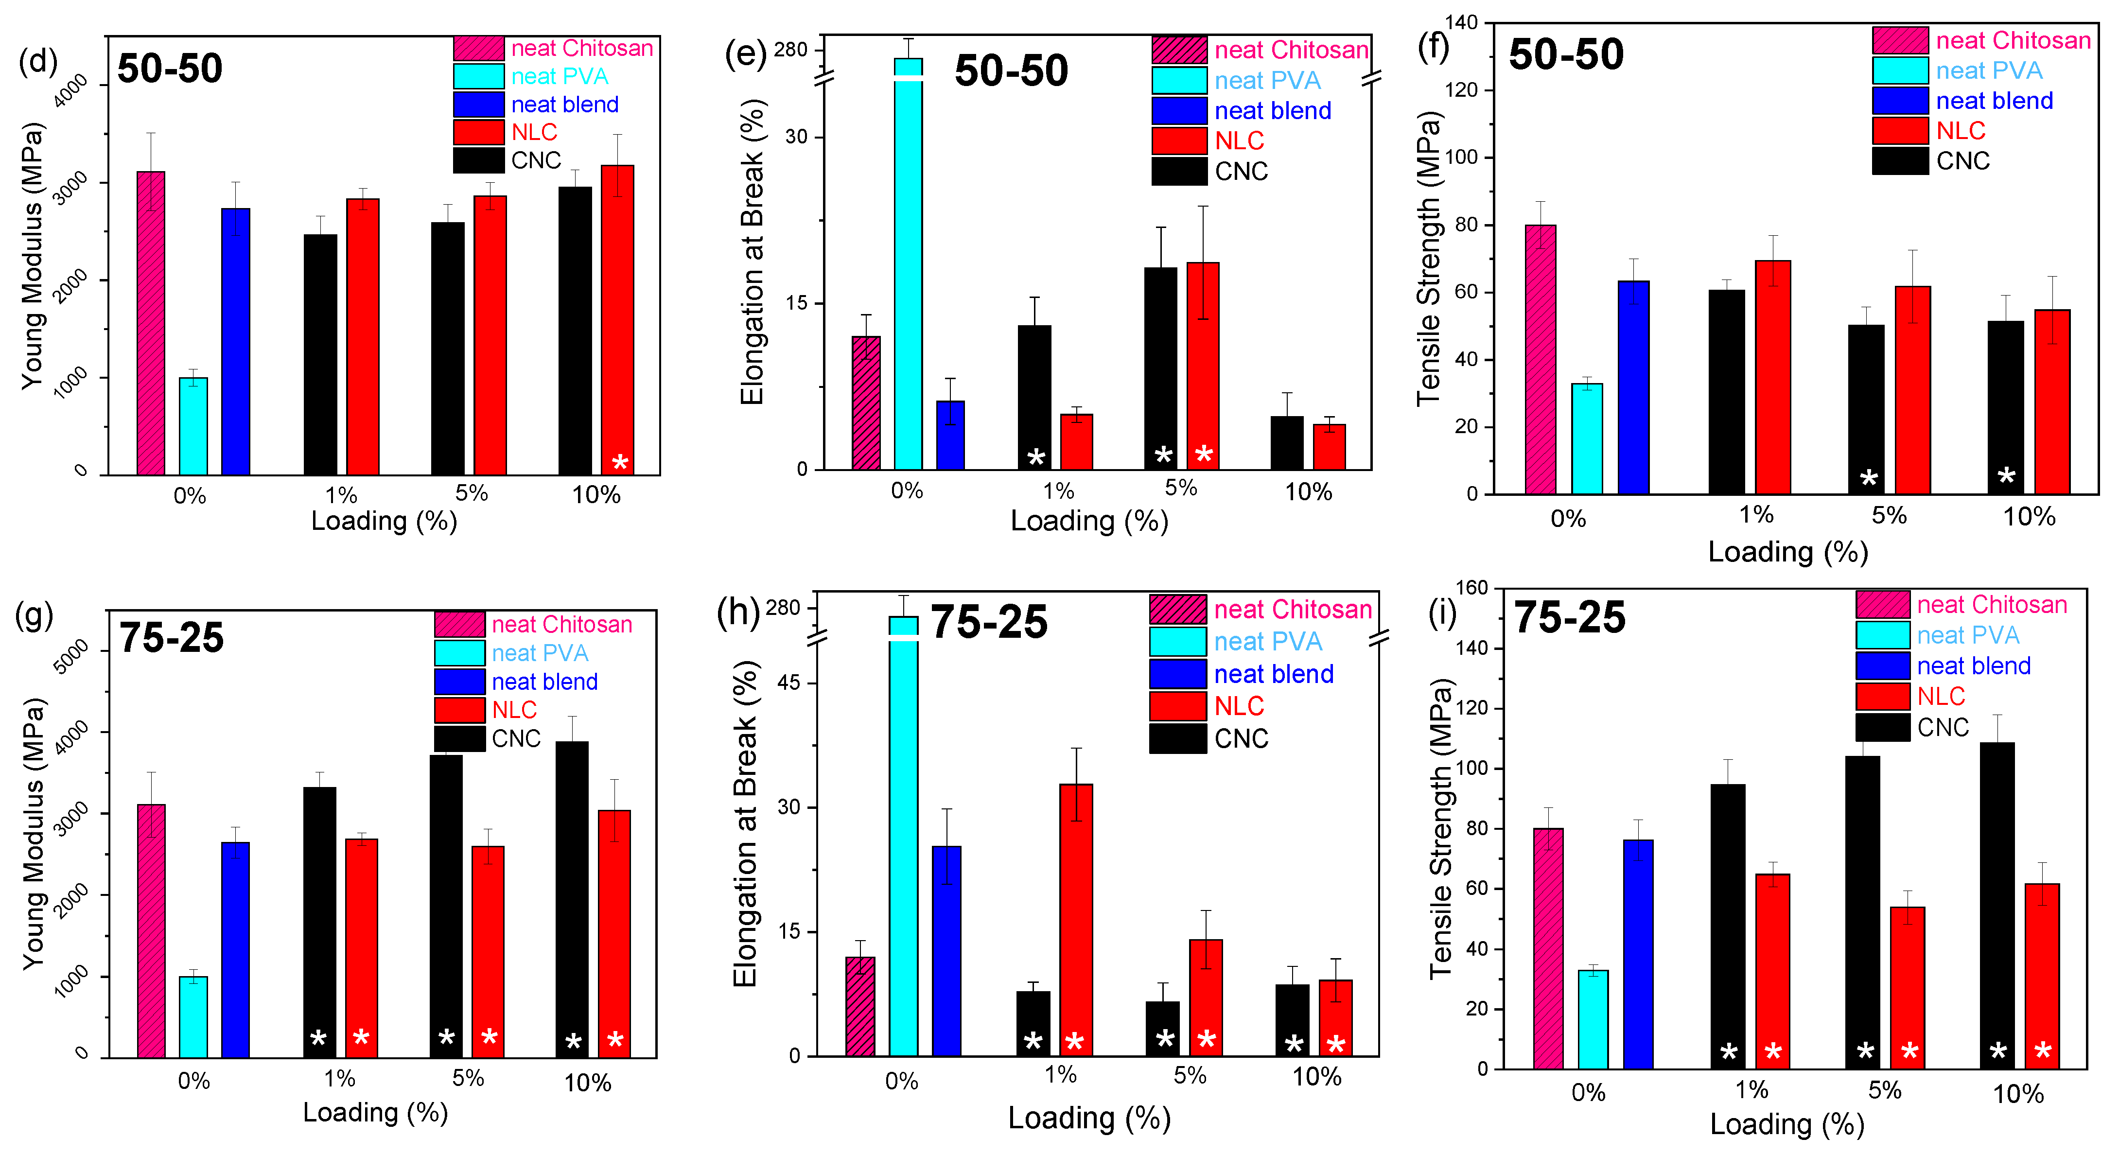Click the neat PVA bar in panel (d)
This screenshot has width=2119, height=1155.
[x=193, y=426]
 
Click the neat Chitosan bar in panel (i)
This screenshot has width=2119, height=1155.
[x=1548, y=948]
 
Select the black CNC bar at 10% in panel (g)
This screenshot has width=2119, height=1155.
[x=572, y=900]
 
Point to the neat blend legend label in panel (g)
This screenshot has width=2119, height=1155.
[x=544, y=682]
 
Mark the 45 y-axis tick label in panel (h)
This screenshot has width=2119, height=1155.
[x=789, y=683]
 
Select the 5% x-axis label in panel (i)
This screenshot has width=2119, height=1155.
[x=1885, y=1091]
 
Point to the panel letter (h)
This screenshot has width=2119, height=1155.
[x=738, y=613]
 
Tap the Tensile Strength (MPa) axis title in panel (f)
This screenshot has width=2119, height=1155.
[x=1429, y=258]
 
